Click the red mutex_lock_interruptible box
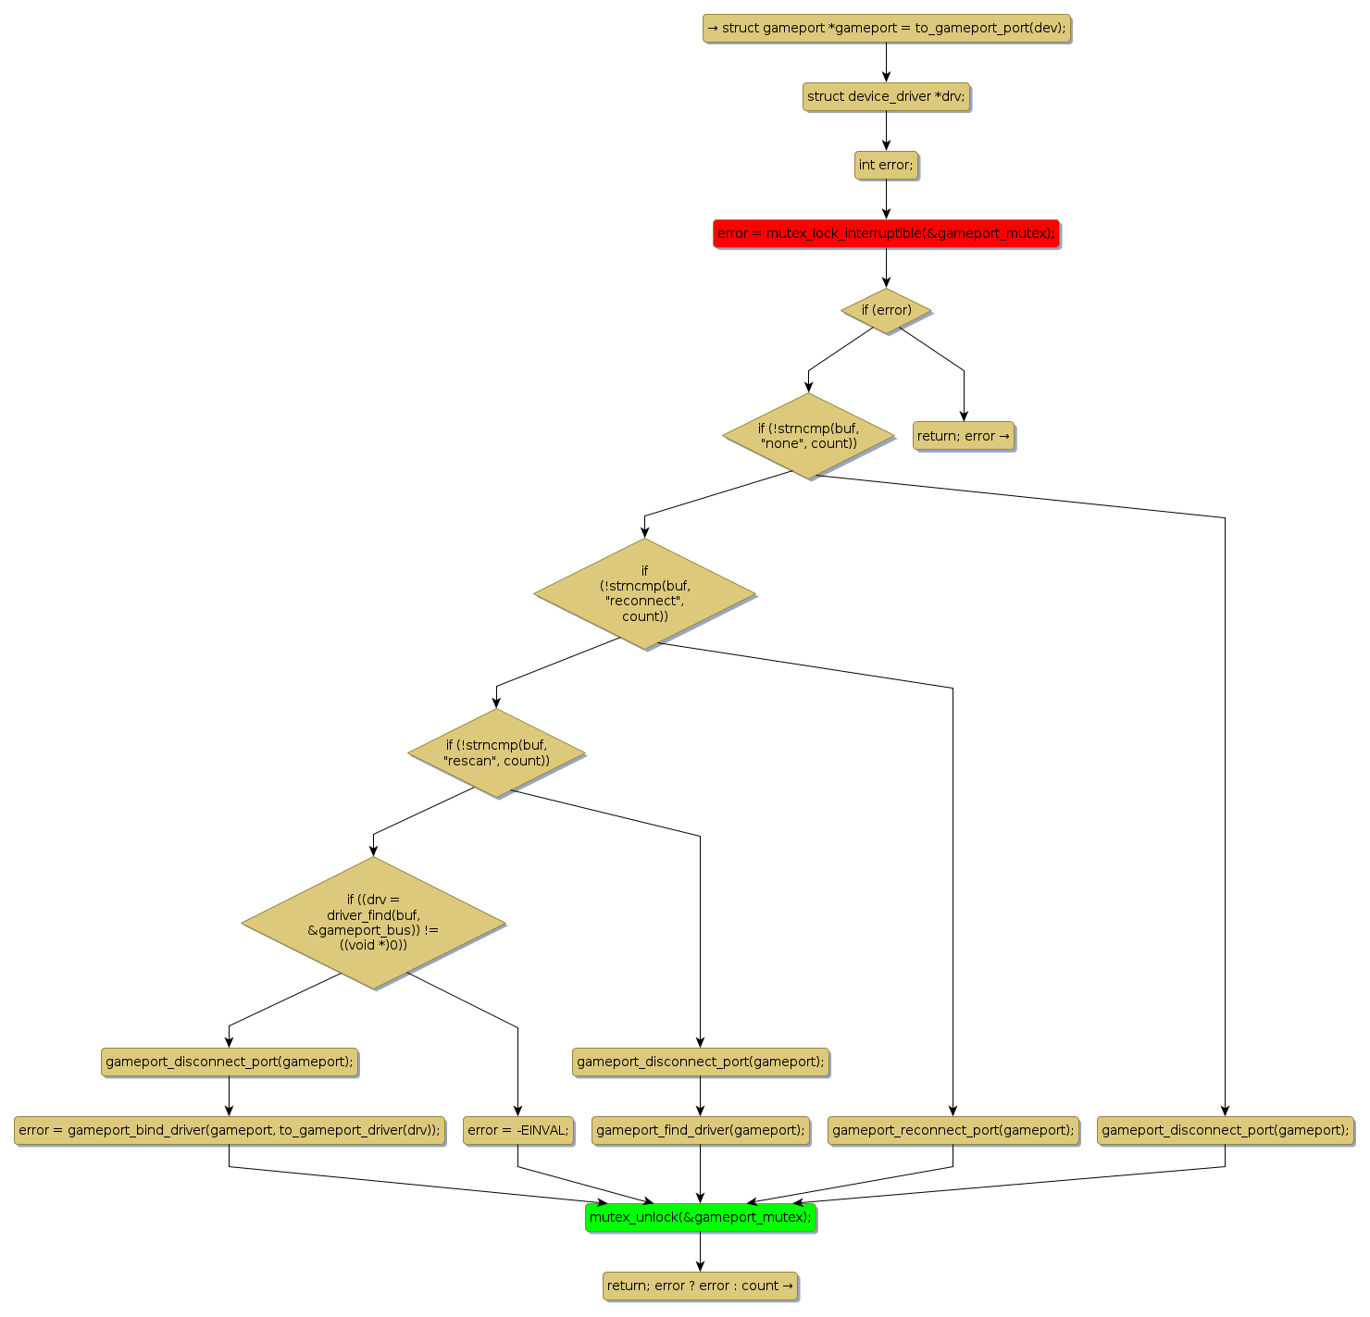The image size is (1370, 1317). tap(886, 233)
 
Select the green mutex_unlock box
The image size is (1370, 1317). tap(701, 1217)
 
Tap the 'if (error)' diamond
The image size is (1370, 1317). tap(886, 310)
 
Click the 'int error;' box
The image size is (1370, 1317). tap(886, 165)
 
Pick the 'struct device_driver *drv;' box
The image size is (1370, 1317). tap(886, 96)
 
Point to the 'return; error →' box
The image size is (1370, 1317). tap(964, 436)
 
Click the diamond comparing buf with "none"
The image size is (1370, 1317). tap(808, 436)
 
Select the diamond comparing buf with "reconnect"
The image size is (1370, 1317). tap(644, 593)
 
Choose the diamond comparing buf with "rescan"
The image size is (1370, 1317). tap(496, 752)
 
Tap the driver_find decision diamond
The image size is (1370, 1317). tap(373, 922)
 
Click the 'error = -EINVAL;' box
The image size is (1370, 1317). tap(517, 1130)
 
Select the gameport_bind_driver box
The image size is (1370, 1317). tap(229, 1130)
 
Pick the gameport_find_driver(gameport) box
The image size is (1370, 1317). tap(700, 1130)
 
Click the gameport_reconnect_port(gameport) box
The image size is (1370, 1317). tap(953, 1130)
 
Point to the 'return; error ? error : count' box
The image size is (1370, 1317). tap(700, 1286)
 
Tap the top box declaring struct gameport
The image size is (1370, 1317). tap(886, 28)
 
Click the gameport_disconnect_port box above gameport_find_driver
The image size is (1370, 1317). tap(700, 1062)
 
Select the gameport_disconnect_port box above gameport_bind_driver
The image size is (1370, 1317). tap(229, 1062)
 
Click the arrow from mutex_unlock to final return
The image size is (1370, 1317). tap(700, 1251)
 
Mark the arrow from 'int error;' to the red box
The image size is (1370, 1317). tap(886, 199)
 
